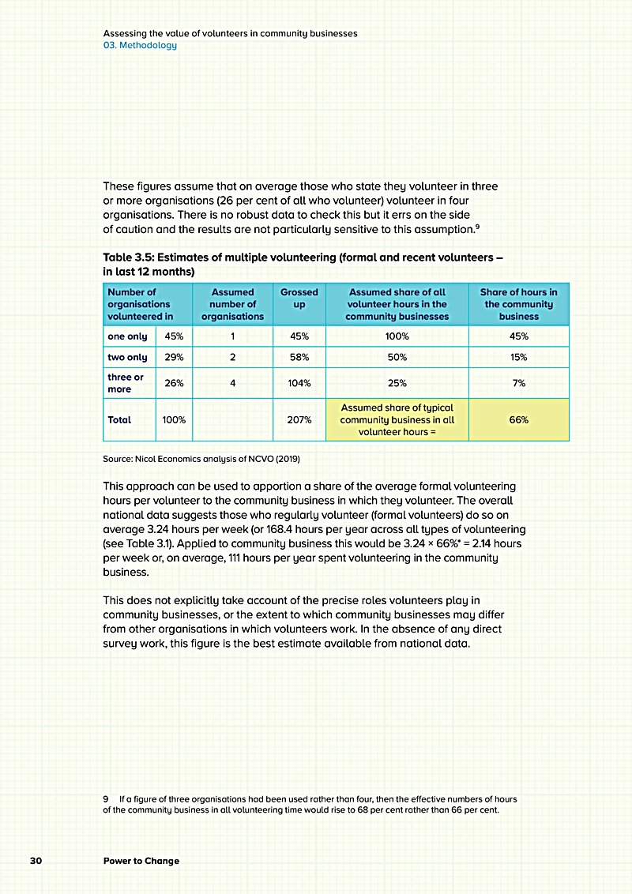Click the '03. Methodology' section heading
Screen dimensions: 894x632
click(140, 45)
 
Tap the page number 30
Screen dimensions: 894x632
click(36, 860)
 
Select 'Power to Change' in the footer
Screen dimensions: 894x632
click(141, 860)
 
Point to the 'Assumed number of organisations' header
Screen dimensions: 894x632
click(232, 304)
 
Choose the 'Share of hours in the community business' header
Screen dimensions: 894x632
click(518, 304)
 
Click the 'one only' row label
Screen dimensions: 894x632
click(127, 336)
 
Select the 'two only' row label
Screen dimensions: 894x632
click(127, 358)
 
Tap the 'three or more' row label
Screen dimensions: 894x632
click(126, 383)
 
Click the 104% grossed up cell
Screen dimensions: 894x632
click(299, 383)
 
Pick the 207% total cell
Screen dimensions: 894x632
click(299, 420)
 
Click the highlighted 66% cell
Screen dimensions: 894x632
click(518, 420)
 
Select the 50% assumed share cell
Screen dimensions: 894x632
click(397, 358)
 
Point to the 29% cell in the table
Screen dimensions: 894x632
click(174, 358)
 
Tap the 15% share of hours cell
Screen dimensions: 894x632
click(518, 358)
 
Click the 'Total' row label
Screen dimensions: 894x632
click(119, 420)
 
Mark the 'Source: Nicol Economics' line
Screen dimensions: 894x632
click(201, 459)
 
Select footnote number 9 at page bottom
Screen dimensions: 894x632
click(106, 799)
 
